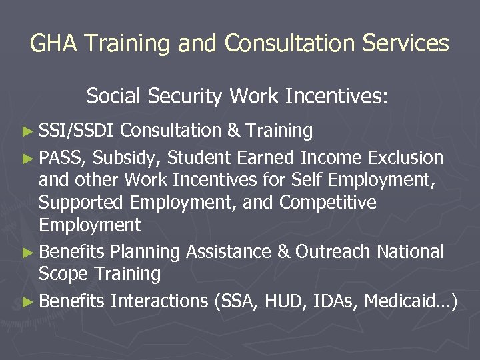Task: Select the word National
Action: coord(410,252)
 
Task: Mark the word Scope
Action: coord(63,274)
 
